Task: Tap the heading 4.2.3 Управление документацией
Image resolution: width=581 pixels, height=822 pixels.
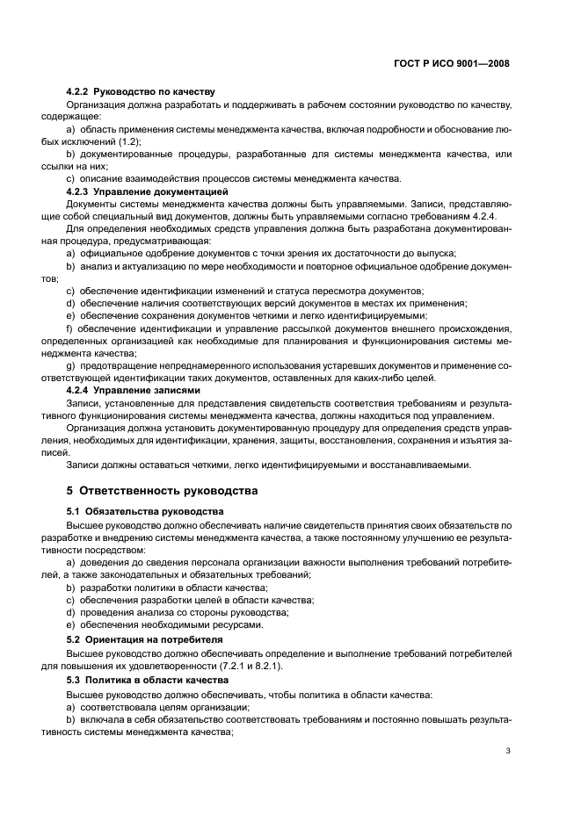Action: (148, 191)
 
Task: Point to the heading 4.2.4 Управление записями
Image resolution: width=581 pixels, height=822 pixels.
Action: (134, 389)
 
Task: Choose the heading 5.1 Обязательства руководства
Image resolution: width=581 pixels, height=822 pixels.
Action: (145, 511)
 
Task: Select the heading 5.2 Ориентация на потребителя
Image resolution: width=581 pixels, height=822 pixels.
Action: (145, 640)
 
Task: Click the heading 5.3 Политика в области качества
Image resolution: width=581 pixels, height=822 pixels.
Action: (148, 681)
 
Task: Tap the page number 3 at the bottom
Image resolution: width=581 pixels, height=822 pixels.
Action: (508, 751)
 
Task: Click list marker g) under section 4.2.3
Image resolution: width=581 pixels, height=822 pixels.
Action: (70, 364)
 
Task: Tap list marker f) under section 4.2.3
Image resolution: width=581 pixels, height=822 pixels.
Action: (69, 328)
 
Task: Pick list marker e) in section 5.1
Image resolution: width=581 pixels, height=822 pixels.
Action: (70, 624)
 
